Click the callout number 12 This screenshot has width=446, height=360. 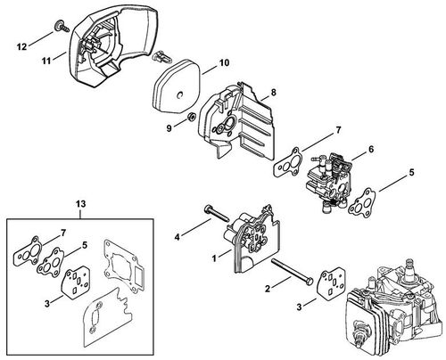click(x=21, y=46)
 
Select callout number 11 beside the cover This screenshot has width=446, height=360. click(x=46, y=61)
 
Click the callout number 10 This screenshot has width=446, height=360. click(x=225, y=62)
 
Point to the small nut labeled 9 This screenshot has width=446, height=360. click(x=190, y=117)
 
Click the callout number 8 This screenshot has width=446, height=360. click(x=273, y=93)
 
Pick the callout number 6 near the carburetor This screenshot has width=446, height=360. click(x=371, y=149)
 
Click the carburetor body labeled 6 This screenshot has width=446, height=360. click(x=326, y=181)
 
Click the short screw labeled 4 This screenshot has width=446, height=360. click(x=216, y=214)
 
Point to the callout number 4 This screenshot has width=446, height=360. click(x=178, y=237)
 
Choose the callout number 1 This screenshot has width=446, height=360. click(x=214, y=258)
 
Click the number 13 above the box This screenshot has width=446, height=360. click(x=80, y=204)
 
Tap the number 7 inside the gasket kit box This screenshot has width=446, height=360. click(x=63, y=233)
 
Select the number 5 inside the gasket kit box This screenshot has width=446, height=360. click(x=84, y=245)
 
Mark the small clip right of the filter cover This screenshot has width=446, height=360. click(x=161, y=56)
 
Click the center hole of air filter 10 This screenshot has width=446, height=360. click(x=180, y=94)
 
